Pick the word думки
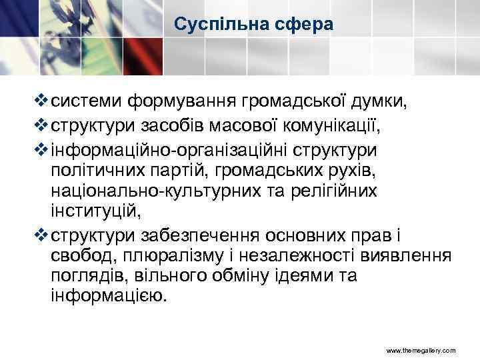387,101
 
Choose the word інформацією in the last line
105,295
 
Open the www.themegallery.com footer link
421,349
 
